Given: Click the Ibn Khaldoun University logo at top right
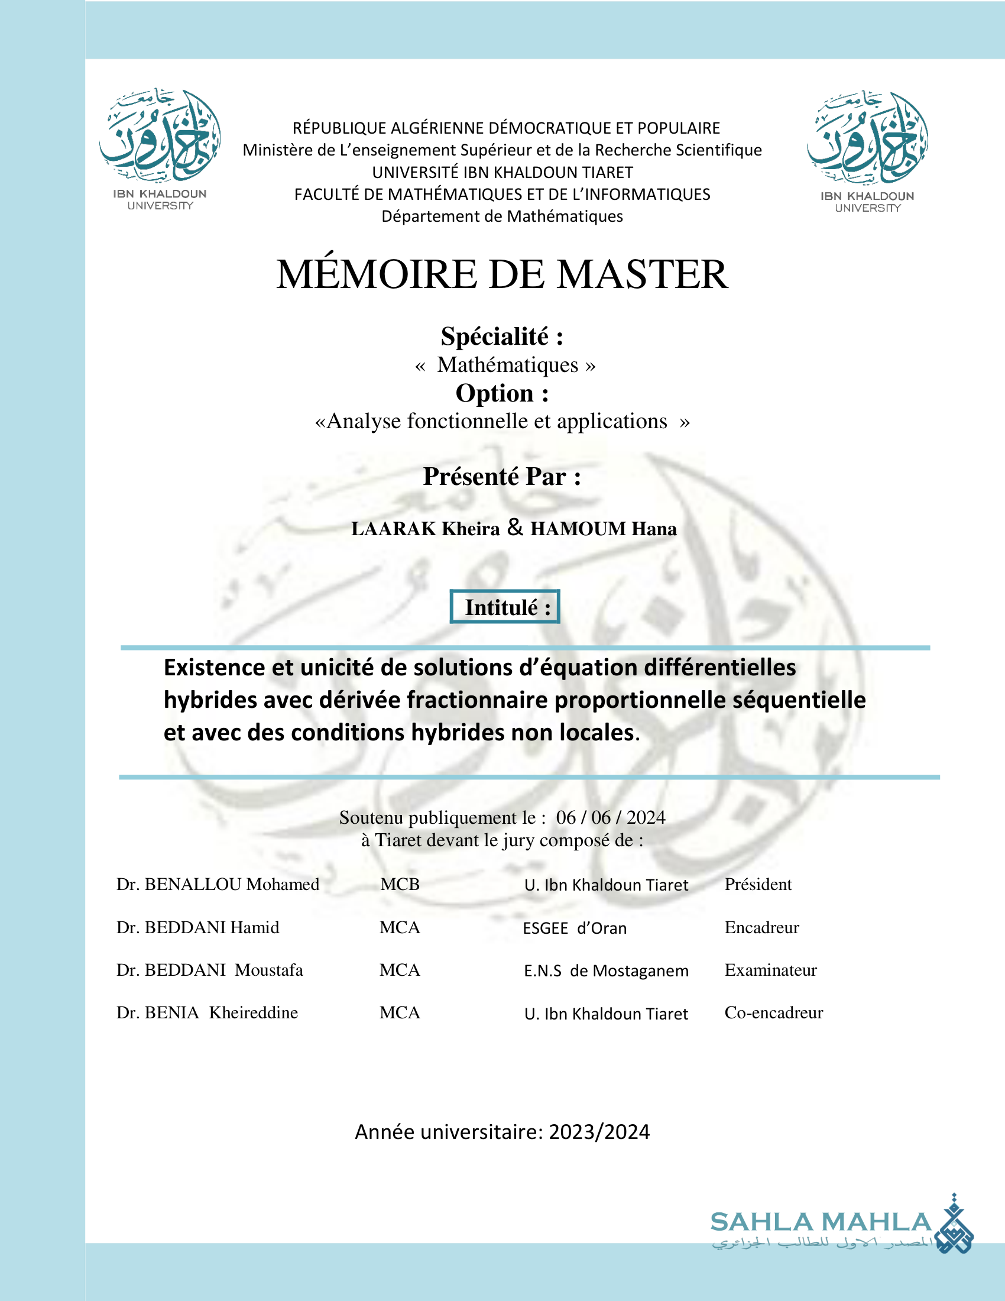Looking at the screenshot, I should point(867,150).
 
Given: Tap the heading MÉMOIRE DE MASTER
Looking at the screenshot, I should point(502,274).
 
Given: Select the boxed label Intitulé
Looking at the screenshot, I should point(505,607).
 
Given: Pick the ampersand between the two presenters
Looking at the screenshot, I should point(515,527).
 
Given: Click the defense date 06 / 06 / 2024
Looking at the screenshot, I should point(610,817).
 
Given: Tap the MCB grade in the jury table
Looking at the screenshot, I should point(400,884).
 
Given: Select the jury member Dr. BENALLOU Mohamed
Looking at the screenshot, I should point(218,884).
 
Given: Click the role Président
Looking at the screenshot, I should point(758,884).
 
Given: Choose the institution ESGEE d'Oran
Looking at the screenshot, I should point(575,928).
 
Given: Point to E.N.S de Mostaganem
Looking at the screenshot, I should point(606,971).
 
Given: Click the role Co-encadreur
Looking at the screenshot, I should point(773,1012).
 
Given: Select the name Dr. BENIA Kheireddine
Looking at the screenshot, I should point(207,1012).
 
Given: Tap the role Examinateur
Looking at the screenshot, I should point(770,970).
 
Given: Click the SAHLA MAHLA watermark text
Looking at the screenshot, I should point(821,1222).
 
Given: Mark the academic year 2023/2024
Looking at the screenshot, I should point(599,1132).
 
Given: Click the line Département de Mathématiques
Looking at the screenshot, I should point(502,216).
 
